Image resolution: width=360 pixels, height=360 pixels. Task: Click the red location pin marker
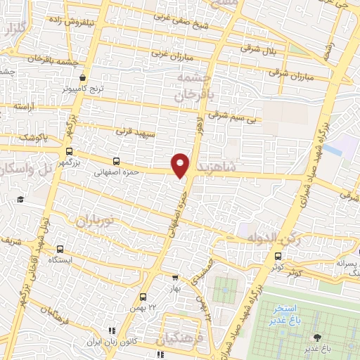click(181, 165)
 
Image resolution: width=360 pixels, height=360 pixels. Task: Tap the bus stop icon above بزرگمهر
click(68, 151)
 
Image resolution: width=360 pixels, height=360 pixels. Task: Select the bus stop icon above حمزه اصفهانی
click(116, 160)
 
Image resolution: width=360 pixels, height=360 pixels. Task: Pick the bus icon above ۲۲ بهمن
click(143, 297)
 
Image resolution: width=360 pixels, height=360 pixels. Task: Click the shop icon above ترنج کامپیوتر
click(84, 77)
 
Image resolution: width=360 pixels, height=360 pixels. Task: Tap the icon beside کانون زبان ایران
click(110, 331)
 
